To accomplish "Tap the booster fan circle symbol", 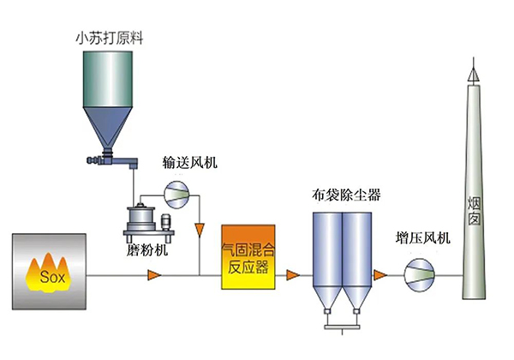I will coord(420,275).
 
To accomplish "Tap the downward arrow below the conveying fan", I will coord(200,230).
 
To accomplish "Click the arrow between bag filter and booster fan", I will coord(382,275).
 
